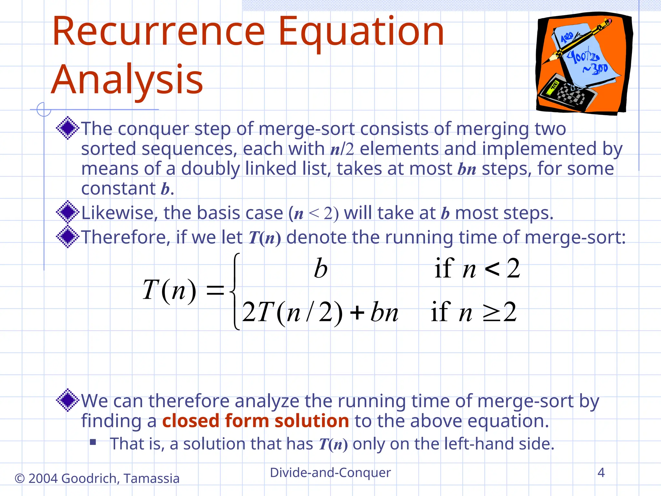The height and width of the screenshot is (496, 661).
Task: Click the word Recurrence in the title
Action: pos(158,32)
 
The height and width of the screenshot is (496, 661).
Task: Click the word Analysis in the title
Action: pos(127,79)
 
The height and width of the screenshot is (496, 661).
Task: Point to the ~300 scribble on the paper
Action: pos(595,69)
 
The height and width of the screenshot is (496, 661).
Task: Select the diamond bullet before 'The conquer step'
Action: pos(67,128)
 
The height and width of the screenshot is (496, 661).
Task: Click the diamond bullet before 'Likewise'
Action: pos(67,212)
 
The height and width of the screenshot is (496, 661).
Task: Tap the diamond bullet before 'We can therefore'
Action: pos(67,400)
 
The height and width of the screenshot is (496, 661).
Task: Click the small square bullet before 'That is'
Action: pos(93,442)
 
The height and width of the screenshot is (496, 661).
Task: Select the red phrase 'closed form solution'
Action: pos(255,421)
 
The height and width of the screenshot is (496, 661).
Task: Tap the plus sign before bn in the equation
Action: pos(357,313)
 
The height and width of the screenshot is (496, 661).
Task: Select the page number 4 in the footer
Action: pos(601,472)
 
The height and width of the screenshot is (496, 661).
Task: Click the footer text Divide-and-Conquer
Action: pos(330,472)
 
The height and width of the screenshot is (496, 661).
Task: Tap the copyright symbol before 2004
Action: pos(20,479)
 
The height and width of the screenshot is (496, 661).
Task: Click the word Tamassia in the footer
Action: pos(151,479)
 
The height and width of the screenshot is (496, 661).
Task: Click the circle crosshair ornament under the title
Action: pos(44,109)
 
